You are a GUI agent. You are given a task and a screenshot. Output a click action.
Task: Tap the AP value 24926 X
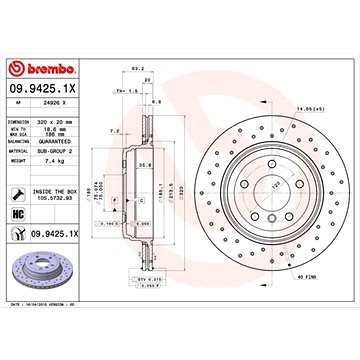(69, 101)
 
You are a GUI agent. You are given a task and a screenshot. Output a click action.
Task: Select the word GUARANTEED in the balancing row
(76, 141)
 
